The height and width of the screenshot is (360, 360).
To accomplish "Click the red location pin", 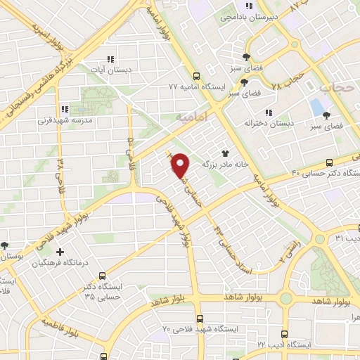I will (180, 166).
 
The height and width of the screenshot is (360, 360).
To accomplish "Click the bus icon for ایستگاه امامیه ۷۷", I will (195, 77).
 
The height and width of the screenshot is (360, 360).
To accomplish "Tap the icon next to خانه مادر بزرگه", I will (225, 153).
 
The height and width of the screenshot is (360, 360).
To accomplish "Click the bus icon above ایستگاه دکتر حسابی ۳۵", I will (103, 276).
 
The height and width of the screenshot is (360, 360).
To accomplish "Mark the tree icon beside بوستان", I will (5, 245).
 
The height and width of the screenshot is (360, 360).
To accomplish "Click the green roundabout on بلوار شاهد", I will (285, 298).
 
